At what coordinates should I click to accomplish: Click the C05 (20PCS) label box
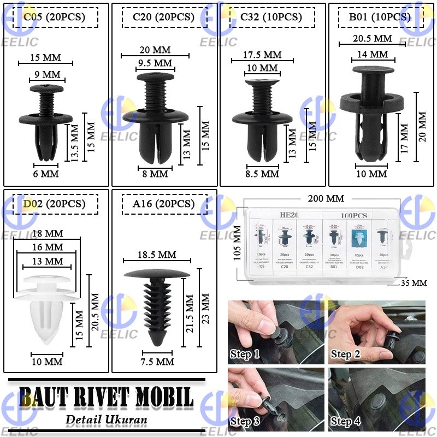(x=54, y=17)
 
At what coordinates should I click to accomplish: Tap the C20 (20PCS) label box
(x=163, y=17)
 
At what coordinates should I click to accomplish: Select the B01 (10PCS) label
(x=380, y=17)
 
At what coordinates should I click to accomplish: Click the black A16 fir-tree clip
(x=158, y=306)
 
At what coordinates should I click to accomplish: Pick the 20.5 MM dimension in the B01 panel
(x=372, y=38)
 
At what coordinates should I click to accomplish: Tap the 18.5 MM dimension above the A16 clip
(x=156, y=255)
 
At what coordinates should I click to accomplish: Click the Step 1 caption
(x=245, y=355)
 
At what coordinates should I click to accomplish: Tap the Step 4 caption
(x=345, y=422)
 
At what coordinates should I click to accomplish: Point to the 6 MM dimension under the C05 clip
(x=46, y=173)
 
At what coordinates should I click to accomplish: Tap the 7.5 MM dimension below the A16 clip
(x=157, y=362)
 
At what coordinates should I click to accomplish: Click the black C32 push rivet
(x=262, y=117)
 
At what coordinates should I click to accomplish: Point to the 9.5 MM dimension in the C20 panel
(x=156, y=62)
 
